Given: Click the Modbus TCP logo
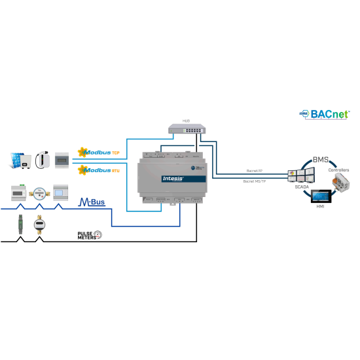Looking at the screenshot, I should [99, 153].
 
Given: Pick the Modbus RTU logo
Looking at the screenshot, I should [99, 170].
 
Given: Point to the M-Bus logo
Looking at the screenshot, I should [92, 202].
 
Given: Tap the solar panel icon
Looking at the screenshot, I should [18, 158].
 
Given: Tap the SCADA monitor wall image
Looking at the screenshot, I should [300, 173].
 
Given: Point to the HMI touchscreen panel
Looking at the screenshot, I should [321, 196].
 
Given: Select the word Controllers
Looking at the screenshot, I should [338, 170].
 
